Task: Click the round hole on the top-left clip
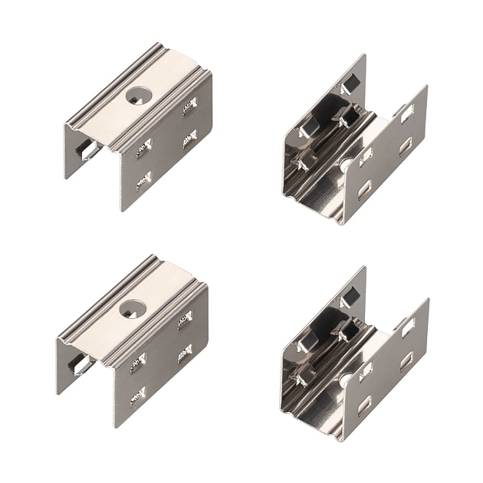[139, 97]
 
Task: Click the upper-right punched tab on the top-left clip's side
[189, 107]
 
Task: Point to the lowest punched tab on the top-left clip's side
[143, 180]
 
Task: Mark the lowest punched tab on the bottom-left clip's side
[138, 394]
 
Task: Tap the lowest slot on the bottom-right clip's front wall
[365, 401]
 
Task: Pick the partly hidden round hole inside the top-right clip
[347, 165]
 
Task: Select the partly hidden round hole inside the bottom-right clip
[347, 377]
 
